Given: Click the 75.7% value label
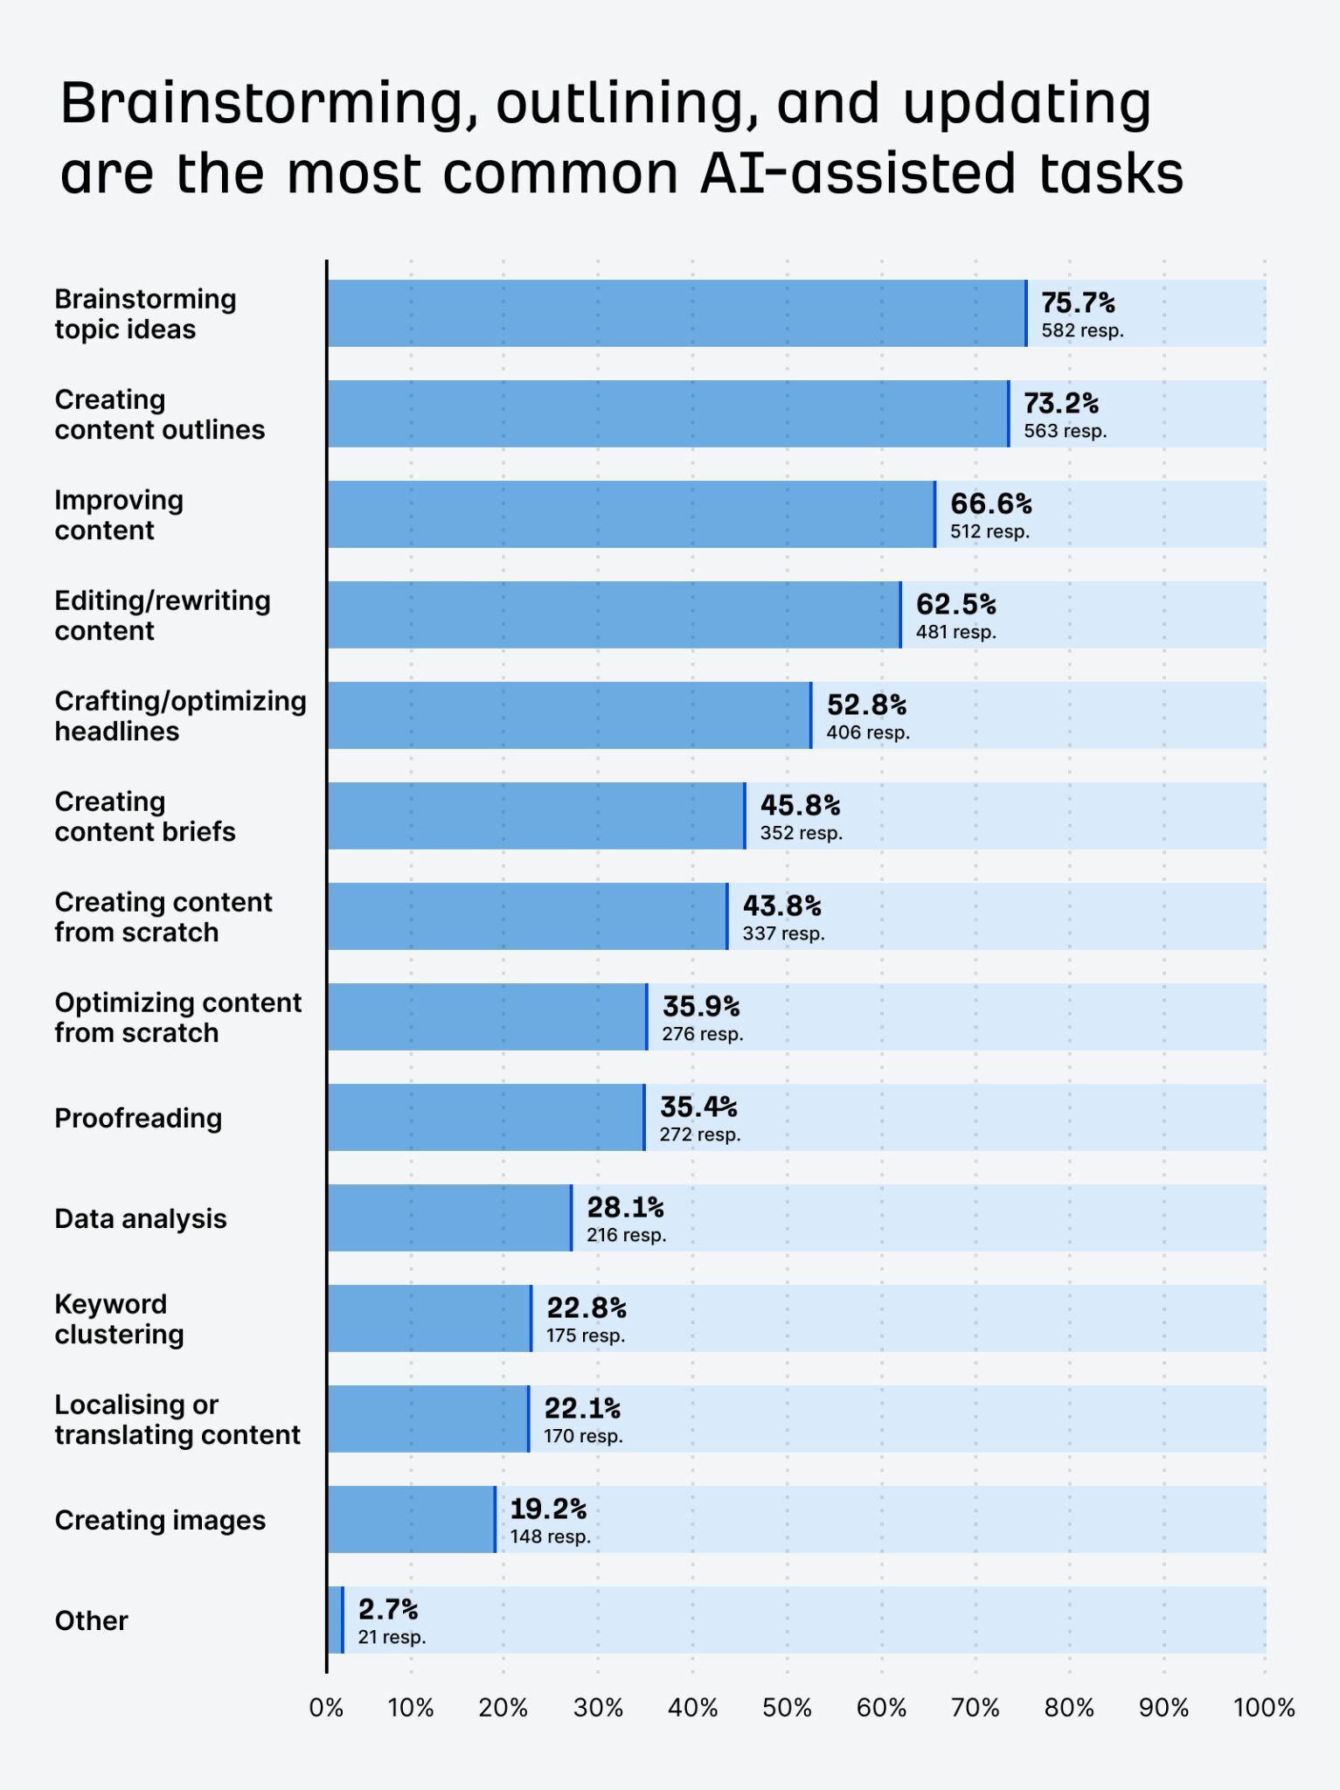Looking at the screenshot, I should click(1077, 303).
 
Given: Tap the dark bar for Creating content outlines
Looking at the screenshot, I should click(668, 413).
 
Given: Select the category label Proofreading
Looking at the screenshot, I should click(138, 1118).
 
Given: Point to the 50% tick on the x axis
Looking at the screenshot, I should click(787, 1708).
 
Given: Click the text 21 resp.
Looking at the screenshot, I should click(392, 1637).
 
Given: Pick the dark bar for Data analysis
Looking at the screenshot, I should click(449, 1218).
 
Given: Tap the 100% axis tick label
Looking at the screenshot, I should click(1263, 1708).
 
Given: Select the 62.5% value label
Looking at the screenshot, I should click(955, 604).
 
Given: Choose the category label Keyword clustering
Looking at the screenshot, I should click(119, 1319).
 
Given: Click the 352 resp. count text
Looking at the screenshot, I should click(801, 833).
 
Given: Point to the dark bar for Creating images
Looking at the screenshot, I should click(411, 1519).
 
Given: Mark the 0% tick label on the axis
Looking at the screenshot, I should click(326, 1708).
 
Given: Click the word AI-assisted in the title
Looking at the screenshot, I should click(857, 173).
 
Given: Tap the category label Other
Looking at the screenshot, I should click(91, 1620).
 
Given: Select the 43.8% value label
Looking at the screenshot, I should click(781, 905).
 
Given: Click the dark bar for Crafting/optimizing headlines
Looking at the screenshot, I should click(569, 715).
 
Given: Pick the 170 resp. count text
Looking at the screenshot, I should click(583, 1436).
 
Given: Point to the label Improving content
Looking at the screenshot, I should click(119, 515).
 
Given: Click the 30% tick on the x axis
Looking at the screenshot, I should click(598, 1708).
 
